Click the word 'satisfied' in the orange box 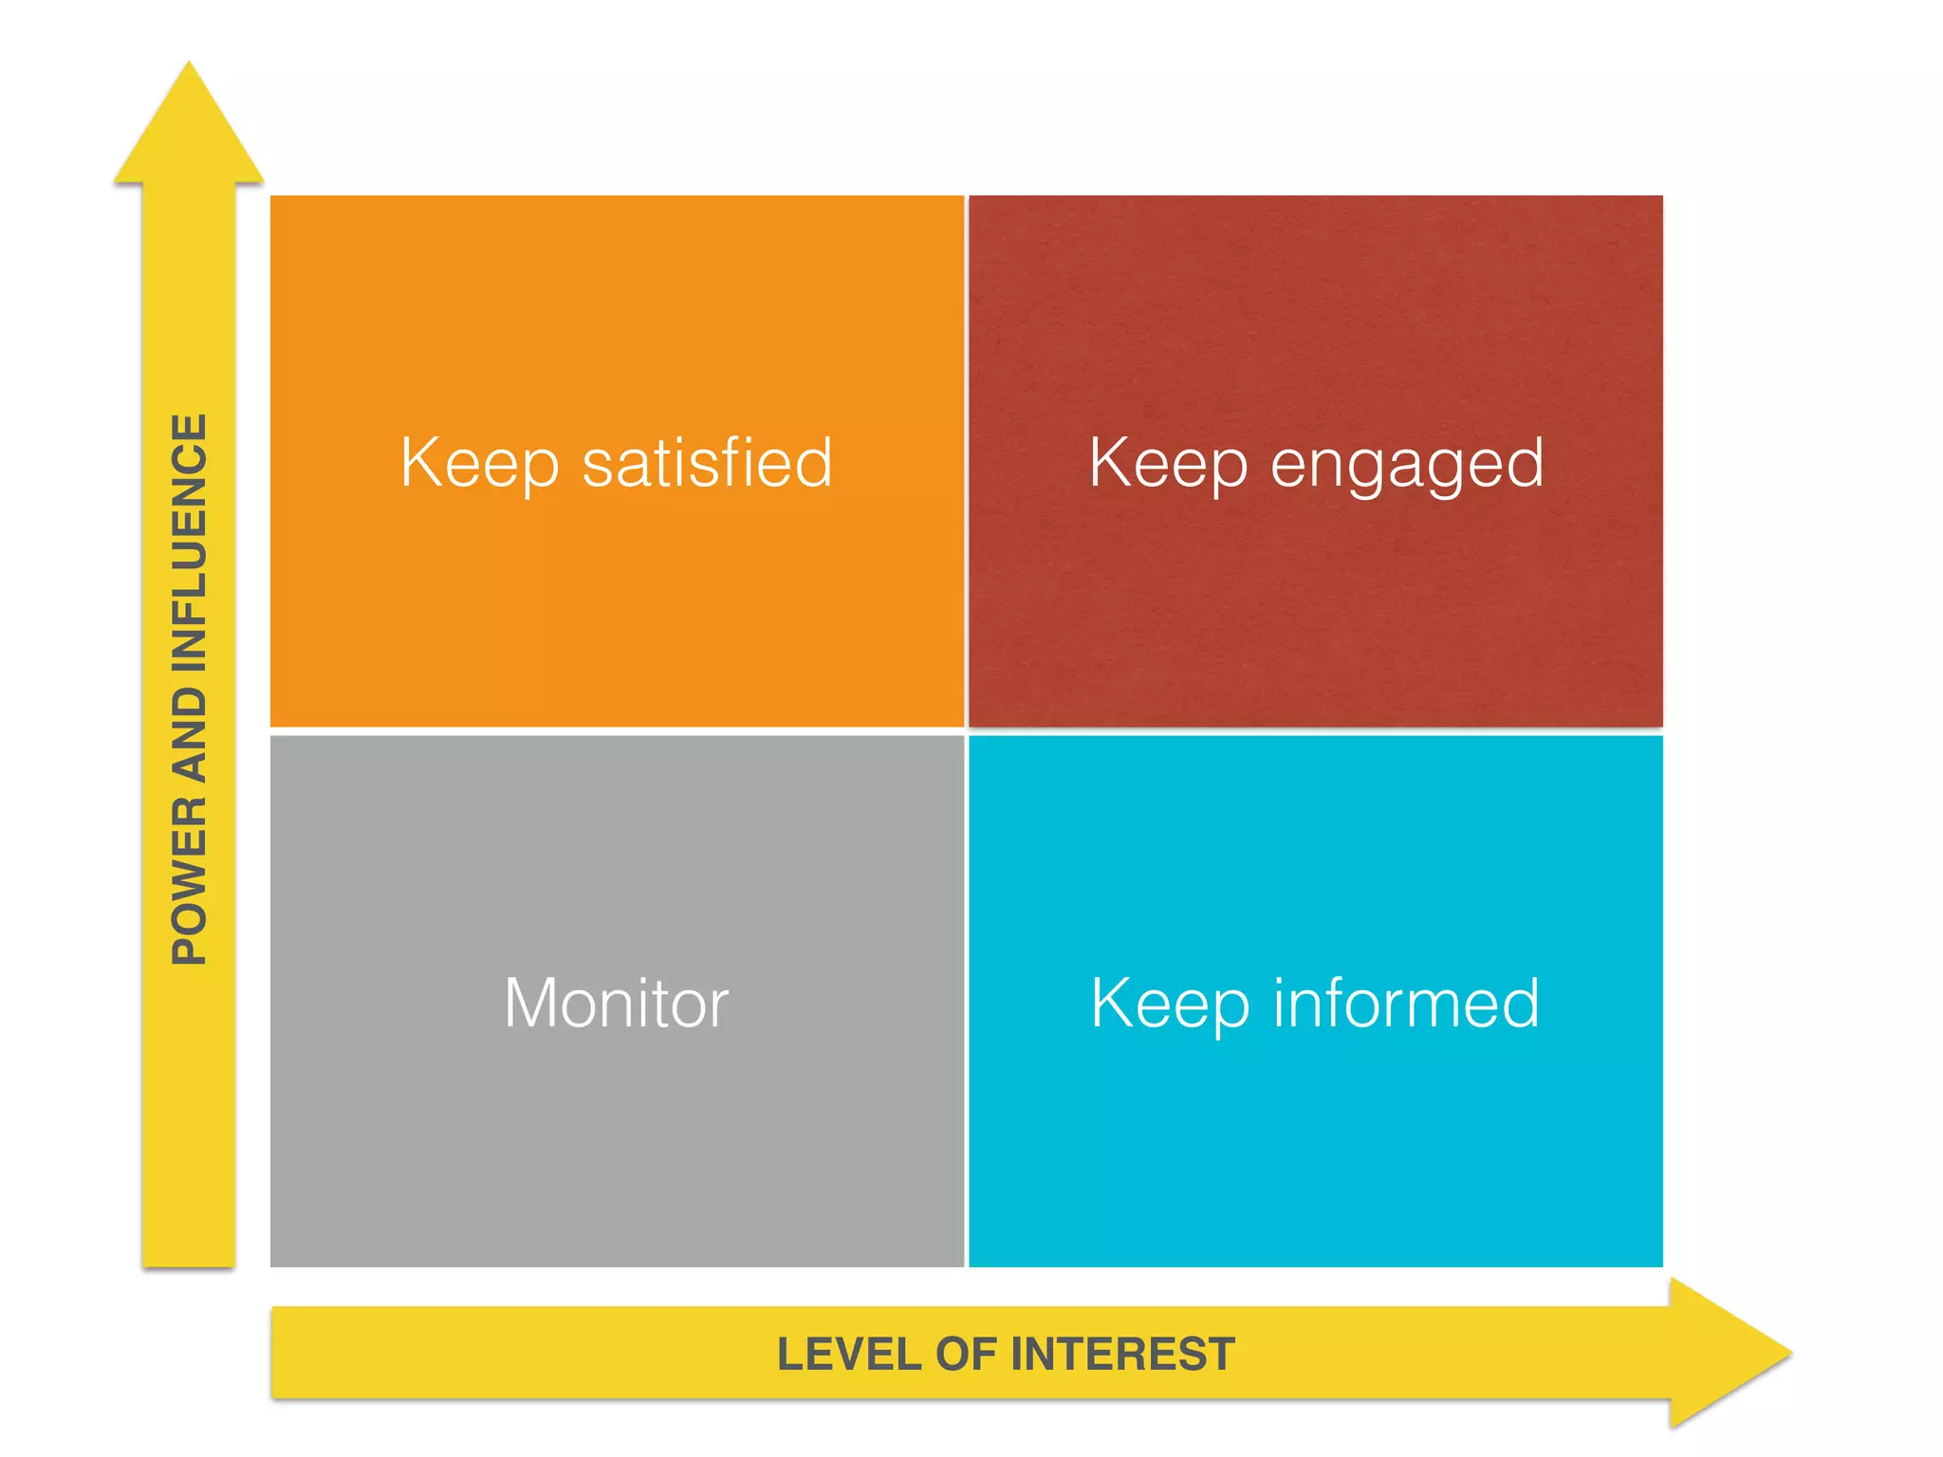pos(707,463)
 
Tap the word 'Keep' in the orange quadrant pos(479,463)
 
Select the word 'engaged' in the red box pos(1407,465)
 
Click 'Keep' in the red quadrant pos(1168,463)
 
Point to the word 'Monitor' pos(617,1003)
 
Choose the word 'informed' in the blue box pos(1406,1003)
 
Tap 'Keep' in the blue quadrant pos(1170,1004)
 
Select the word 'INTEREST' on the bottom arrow pos(1123,1354)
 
